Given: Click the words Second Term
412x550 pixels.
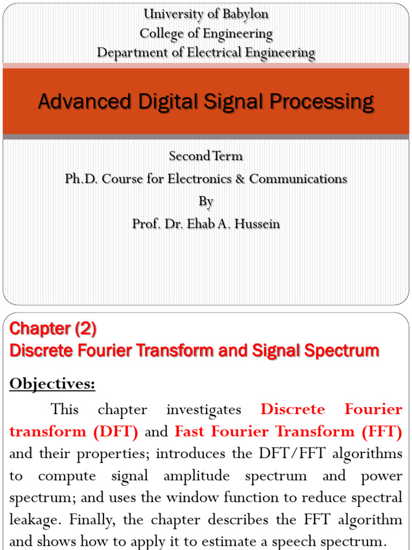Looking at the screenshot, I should click(x=206, y=156).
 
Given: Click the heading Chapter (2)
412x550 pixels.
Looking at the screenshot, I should click(x=53, y=328).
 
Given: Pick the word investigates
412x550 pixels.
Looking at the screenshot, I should click(x=204, y=409).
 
